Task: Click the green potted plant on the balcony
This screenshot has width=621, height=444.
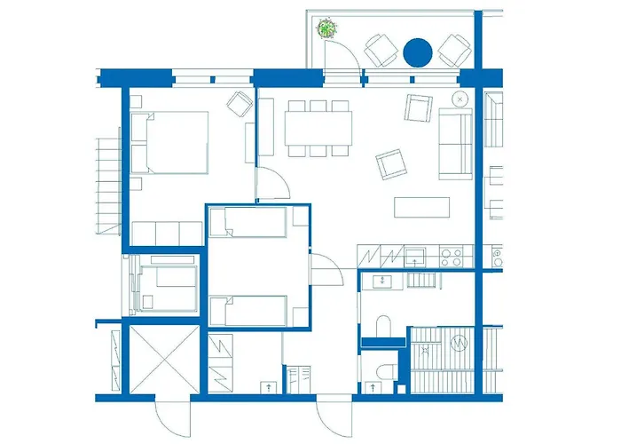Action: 328,28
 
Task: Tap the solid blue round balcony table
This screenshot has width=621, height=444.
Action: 417,52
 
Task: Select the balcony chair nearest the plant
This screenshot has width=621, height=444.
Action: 381,49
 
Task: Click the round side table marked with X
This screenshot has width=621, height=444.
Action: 460,97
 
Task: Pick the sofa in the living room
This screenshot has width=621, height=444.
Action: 456,145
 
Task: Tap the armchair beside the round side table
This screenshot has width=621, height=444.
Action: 418,109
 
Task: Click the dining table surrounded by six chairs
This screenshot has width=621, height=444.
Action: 318,128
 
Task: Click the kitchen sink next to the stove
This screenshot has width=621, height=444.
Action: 414,258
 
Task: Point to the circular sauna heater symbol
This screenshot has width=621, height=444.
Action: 458,343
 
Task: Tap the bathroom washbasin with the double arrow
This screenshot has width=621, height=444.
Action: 382,281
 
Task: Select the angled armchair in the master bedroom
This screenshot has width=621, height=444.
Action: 239,104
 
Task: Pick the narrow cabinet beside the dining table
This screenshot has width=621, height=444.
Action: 266,128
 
